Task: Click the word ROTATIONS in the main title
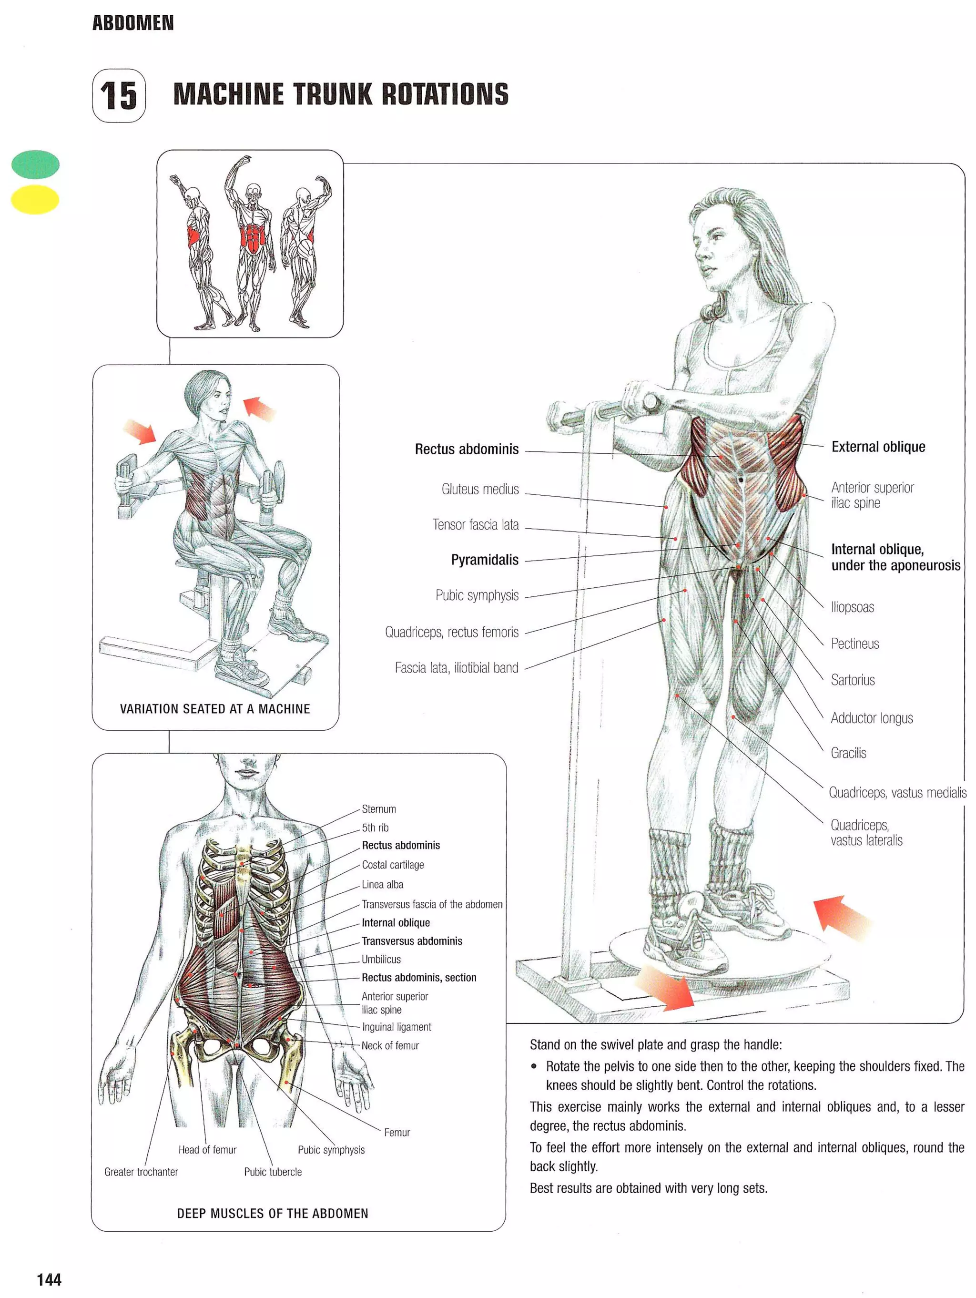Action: click(445, 94)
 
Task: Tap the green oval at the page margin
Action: click(35, 164)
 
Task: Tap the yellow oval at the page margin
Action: click(35, 199)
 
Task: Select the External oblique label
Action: click(877, 447)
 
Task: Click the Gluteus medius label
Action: click(480, 489)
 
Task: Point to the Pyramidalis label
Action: click(485, 560)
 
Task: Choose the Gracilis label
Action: click(848, 753)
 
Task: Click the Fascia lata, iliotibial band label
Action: click(457, 668)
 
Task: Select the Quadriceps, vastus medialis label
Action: click(897, 793)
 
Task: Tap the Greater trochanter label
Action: click(141, 1172)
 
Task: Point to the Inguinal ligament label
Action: click(396, 1027)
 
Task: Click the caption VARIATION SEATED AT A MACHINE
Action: click(214, 709)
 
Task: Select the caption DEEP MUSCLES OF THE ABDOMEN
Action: click(272, 1214)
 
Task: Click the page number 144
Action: click(49, 1280)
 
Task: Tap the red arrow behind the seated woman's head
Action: click(259, 408)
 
